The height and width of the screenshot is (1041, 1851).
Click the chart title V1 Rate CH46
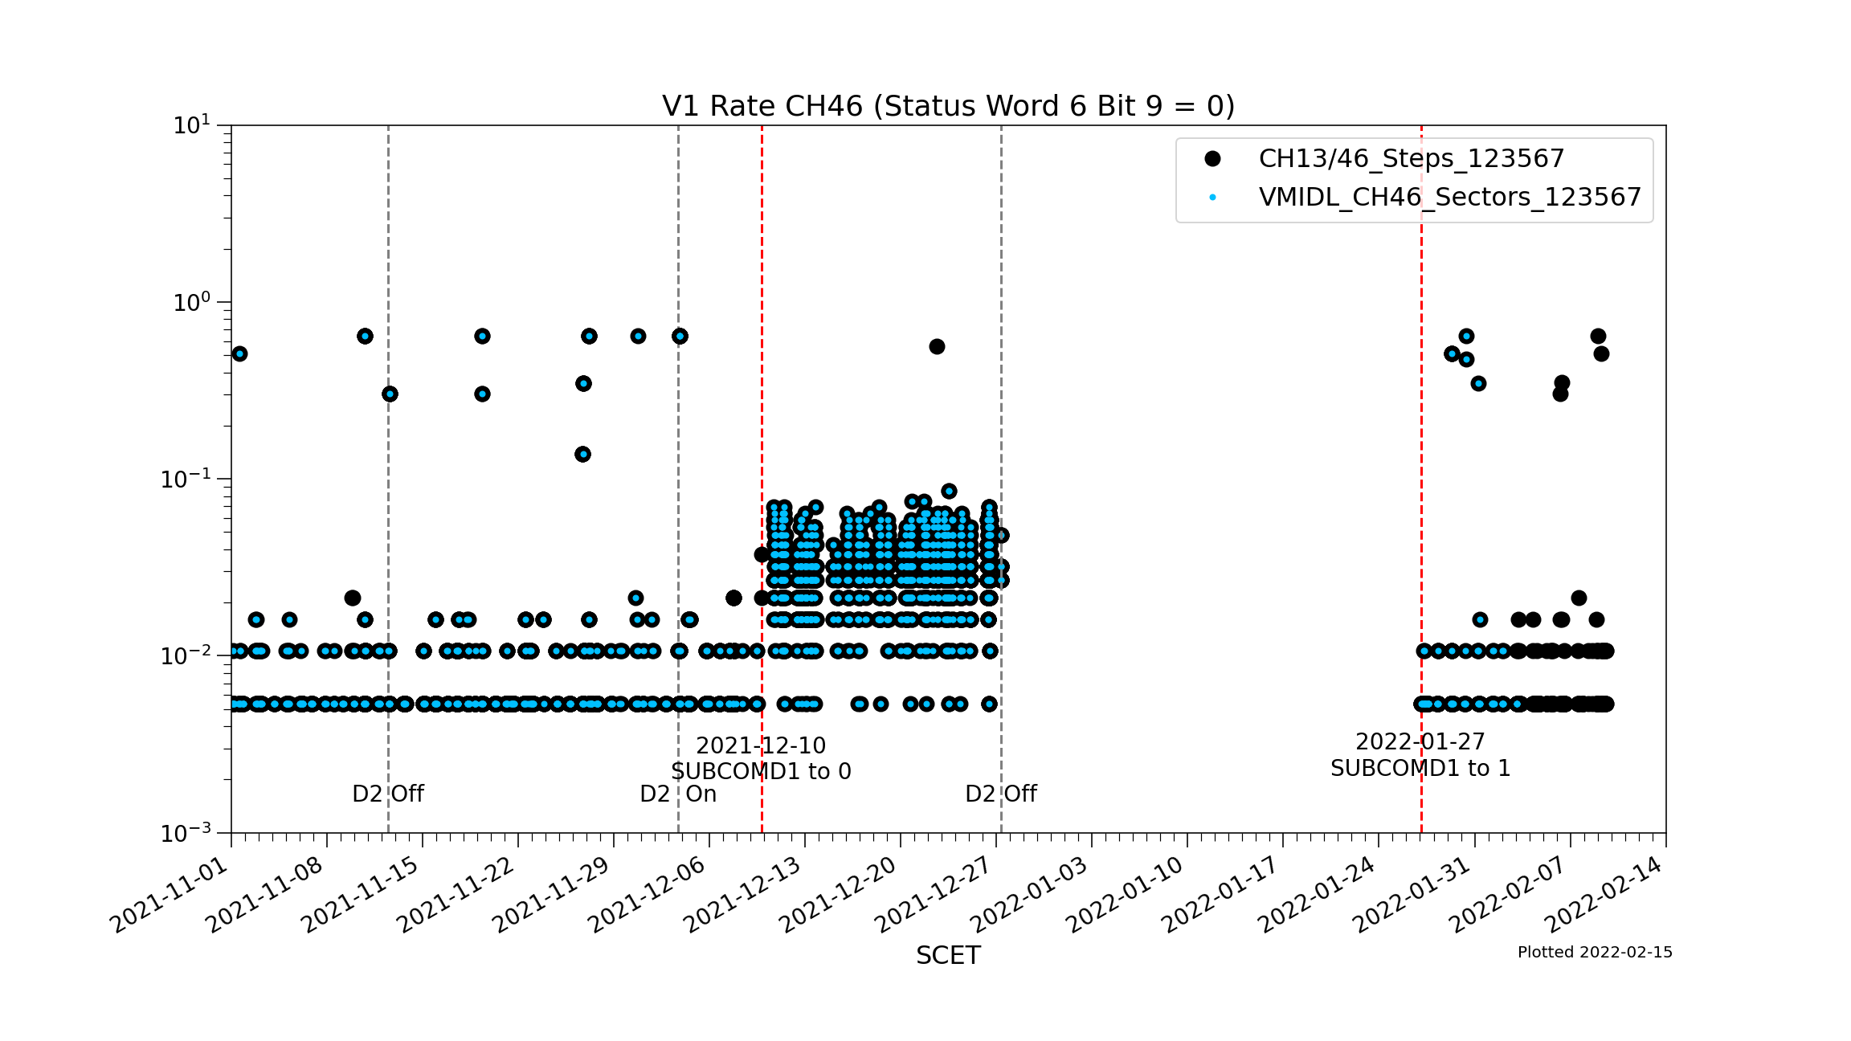coord(948,106)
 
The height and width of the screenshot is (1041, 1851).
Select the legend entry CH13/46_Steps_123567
coord(1411,158)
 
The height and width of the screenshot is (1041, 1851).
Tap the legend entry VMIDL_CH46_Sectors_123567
coord(1449,197)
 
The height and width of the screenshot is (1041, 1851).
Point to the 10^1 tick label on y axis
coord(192,125)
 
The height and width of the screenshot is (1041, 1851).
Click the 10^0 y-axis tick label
coord(192,303)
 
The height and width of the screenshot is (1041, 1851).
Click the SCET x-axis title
coord(948,955)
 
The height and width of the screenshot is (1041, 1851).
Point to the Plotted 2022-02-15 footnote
coord(1595,952)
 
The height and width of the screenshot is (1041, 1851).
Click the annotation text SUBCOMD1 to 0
coord(761,771)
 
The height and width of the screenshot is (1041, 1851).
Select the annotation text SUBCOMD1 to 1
coord(1420,768)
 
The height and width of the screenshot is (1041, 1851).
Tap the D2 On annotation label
coord(677,794)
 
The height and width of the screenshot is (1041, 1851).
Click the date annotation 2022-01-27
coord(1420,741)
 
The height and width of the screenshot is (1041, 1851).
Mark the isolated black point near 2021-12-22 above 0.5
coord(937,346)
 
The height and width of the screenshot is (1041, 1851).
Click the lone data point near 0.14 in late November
coord(583,454)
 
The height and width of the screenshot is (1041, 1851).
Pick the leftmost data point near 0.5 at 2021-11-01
coord(239,353)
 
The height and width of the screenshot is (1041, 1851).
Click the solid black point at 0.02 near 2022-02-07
coord(1579,598)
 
